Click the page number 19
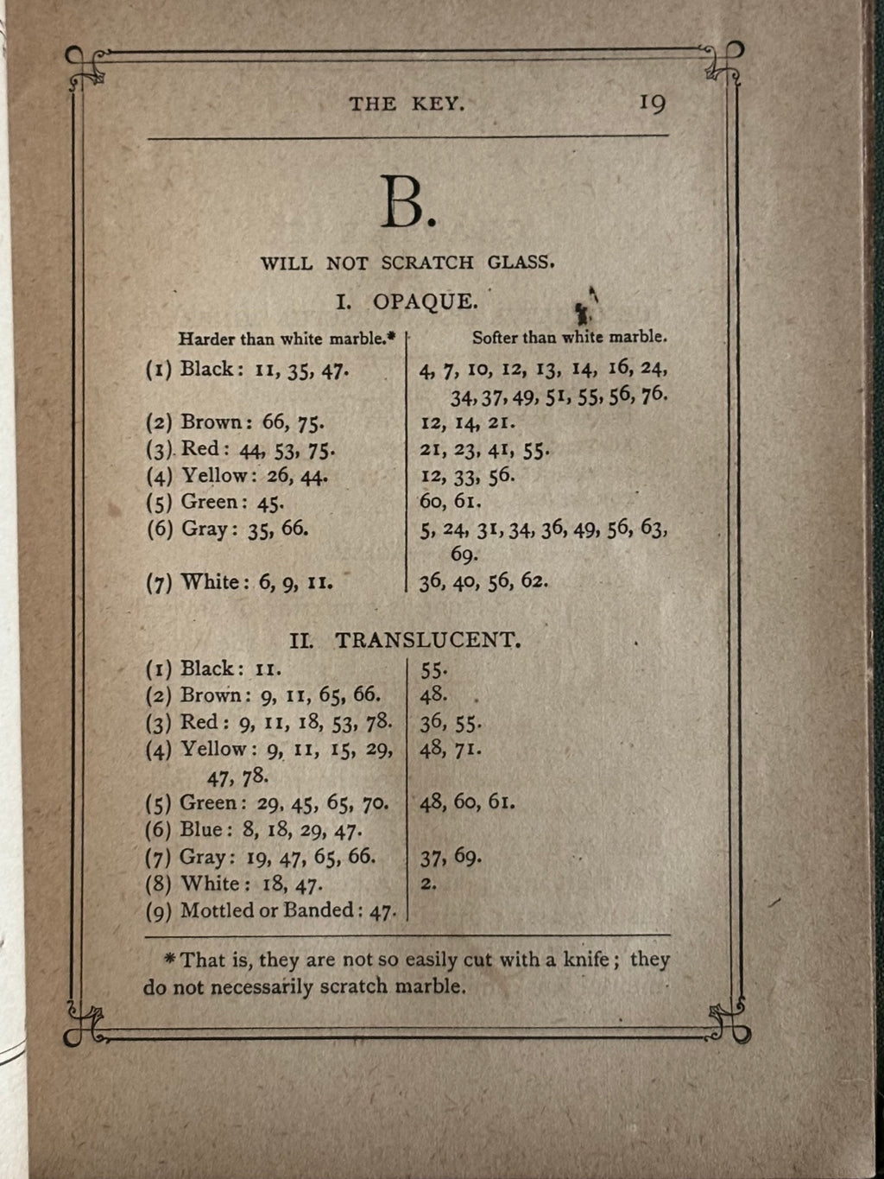[x=652, y=104]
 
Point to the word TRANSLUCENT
[x=427, y=641]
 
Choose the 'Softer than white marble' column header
[x=569, y=337]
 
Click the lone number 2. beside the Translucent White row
[x=428, y=883]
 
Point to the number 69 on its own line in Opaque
[x=464, y=555]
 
